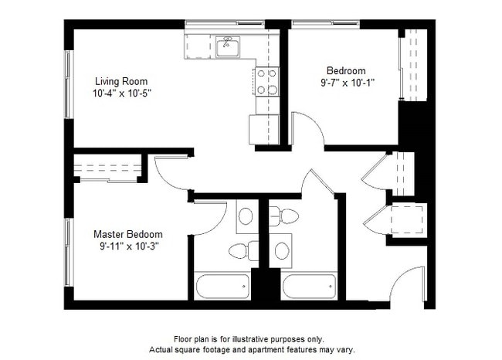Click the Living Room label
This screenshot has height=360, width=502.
(x=121, y=81)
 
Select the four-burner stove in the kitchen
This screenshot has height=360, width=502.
(x=266, y=82)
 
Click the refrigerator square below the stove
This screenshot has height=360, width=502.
(x=263, y=129)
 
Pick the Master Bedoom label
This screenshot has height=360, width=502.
(x=128, y=234)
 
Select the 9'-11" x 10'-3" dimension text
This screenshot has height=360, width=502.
(x=128, y=246)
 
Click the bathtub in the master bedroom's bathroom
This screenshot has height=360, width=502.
(x=223, y=286)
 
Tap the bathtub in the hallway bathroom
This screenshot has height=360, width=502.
(x=309, y=286)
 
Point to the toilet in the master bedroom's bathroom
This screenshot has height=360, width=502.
(x=239, y=250)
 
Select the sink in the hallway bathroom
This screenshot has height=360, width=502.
(x=282, y=250)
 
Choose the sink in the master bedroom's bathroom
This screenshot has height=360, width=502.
(x=246, y=216)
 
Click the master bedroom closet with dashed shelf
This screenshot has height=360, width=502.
(x=107, y=168)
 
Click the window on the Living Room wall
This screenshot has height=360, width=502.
(x=68, y=85)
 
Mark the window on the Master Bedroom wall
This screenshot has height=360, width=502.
(x=68, y=252)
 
